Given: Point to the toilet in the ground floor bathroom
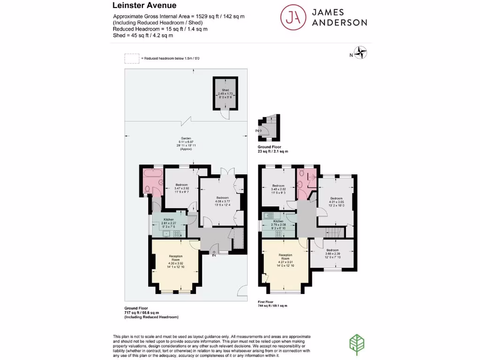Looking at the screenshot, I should coord(147,189).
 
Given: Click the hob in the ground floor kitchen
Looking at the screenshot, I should coord(177,233).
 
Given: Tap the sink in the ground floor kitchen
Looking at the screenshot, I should coord(165,233).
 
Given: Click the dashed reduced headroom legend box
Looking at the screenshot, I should coord(132,58).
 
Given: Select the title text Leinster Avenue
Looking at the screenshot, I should coord(144,6).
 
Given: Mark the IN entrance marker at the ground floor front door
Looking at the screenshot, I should coord(214,255).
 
